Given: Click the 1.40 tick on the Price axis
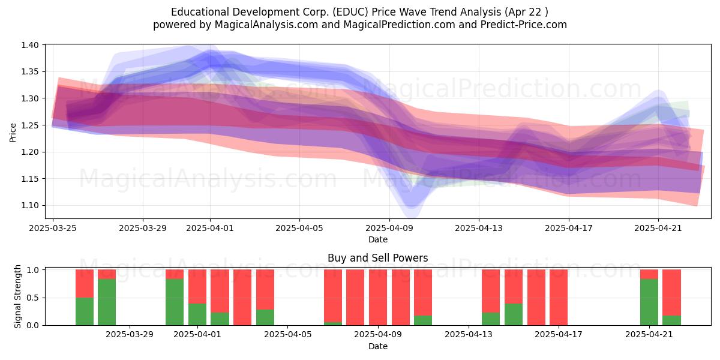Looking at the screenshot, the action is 30,45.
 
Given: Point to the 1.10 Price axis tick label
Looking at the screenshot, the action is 30,205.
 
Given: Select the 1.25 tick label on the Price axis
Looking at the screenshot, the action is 30,125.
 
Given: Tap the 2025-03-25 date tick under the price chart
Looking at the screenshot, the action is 53,228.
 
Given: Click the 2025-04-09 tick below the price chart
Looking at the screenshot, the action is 389,228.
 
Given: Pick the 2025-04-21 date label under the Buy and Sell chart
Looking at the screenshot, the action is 649,335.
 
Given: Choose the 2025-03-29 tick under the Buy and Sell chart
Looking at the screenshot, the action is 130,335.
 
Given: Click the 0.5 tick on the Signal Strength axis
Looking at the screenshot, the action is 32,298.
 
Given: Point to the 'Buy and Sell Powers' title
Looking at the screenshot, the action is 377,258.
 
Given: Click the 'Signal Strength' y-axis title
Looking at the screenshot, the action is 17,296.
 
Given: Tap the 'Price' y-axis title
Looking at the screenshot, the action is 13,133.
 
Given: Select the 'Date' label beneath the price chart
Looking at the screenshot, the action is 378,239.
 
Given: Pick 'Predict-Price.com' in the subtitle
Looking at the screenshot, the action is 524,25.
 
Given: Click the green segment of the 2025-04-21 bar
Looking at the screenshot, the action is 649,302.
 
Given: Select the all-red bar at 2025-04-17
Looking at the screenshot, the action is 559,298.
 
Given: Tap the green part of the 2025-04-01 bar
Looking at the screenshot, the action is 197,314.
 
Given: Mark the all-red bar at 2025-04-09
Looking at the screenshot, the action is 378,298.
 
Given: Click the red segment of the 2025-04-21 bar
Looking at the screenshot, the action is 649,274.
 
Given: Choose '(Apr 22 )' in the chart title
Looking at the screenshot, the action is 526,12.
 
